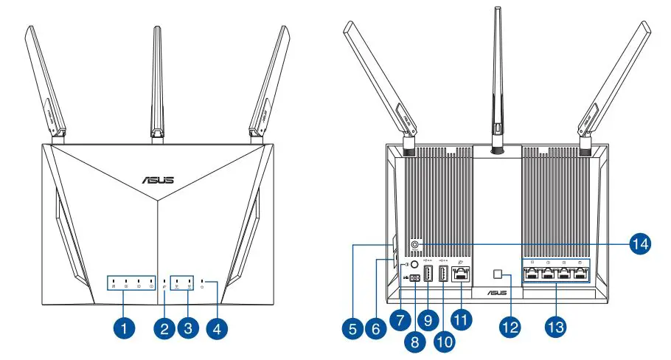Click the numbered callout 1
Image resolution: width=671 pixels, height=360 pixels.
[x=126, y=325]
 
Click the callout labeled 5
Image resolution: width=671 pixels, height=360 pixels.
[x=354, y=325]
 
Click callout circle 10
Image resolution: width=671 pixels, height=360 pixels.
[x=445, y=341]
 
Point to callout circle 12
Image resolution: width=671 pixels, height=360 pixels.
[x=510, y=325]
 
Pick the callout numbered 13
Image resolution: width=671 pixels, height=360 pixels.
[x=555, y=325]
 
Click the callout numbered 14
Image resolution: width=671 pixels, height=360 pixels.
[x=640, y=241]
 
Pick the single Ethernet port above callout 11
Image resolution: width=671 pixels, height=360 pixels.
[x=462, y=275]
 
